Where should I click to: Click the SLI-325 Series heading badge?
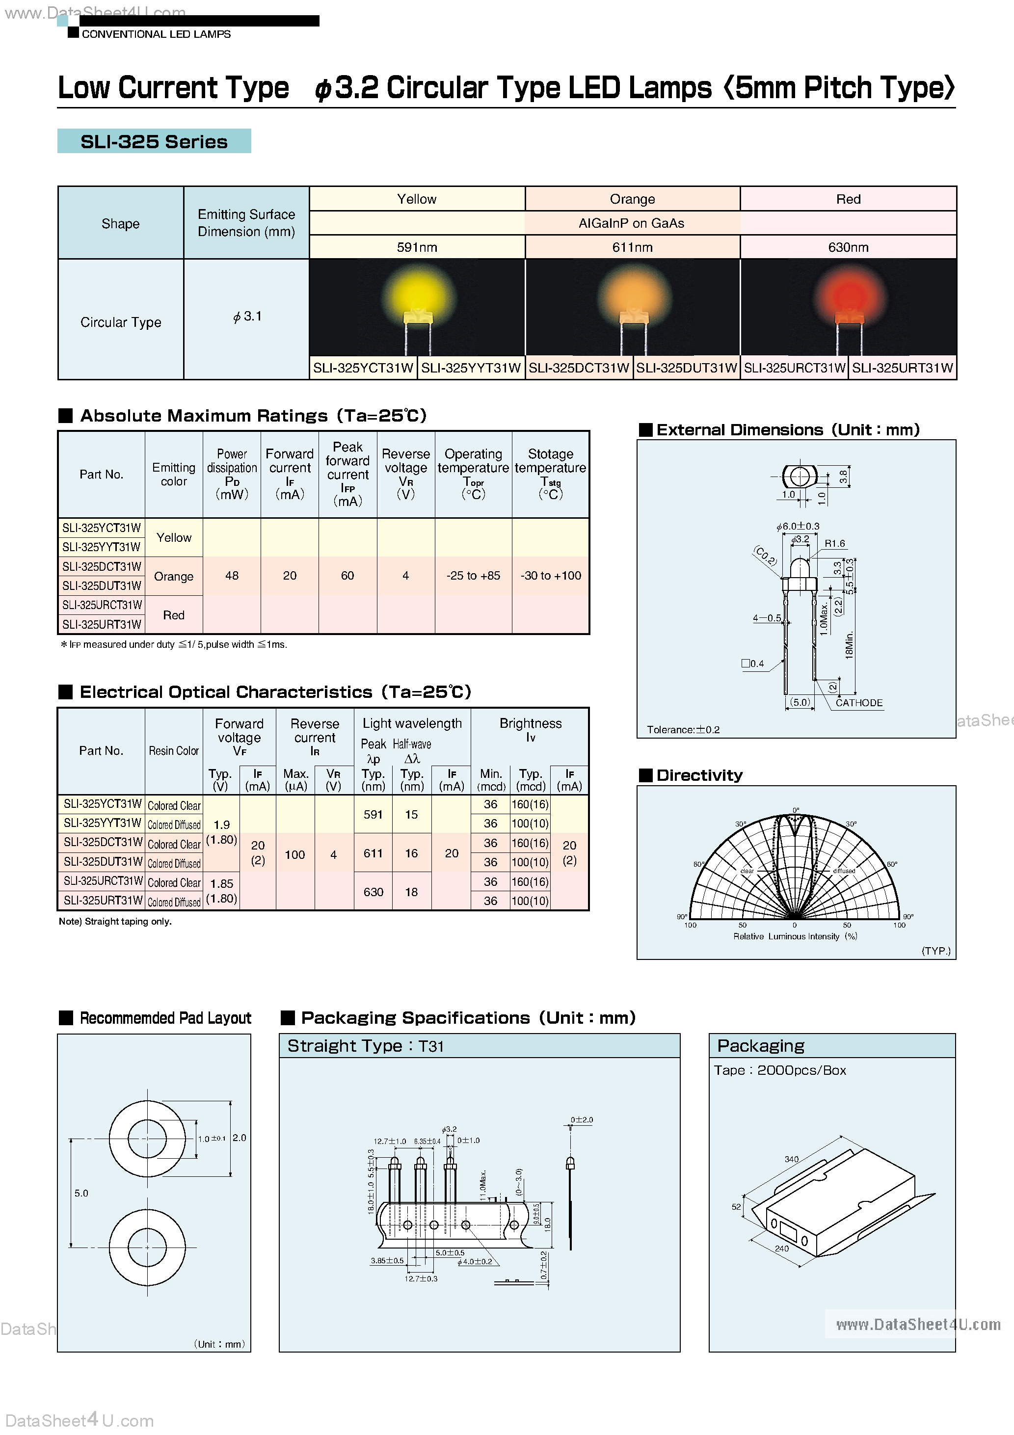[x=154, y=141]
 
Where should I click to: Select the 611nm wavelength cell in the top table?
[x=632, y=247]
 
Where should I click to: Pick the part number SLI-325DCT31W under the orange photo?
[x=578, y=368]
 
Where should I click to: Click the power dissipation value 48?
[x=232, y=576]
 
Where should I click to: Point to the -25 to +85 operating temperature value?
[x=473, y=576]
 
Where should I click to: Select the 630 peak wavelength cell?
[x=373, y=892]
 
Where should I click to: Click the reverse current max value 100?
[x=295, y=854]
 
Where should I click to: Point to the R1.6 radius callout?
[x=834, y=544]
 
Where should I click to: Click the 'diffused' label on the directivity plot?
[x=844, y=871]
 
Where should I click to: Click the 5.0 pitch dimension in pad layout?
[x=81, y=1193]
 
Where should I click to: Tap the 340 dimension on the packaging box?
[x=792, y=1159]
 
